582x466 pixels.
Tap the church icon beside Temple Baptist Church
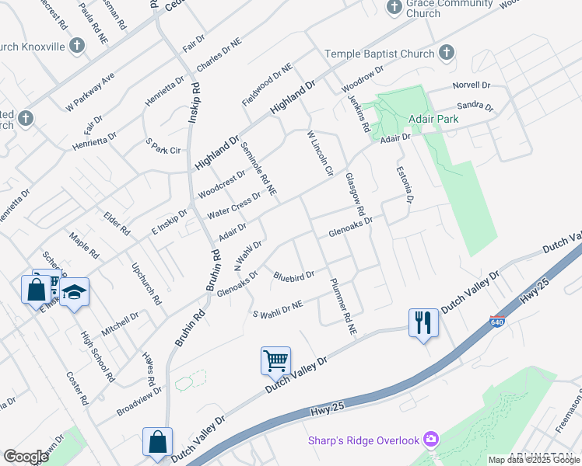click(x=446, y=53)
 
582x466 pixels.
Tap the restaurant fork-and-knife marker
click(x=423, y=322)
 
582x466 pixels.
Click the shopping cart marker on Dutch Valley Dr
click(x=275, y=360)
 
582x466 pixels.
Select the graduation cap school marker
click(x=74, y=292)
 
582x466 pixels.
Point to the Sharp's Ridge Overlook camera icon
click(x=431, y=440)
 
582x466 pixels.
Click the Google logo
click(x=26, y=457)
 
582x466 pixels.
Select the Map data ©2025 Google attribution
click(x=534, y=460)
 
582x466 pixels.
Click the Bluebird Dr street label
click(x=293, y=275)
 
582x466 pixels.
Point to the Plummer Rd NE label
click(x=342, y=306)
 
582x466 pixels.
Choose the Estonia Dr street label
click(x=404, y=184)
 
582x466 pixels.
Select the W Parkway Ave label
click(x=90, y=91)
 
